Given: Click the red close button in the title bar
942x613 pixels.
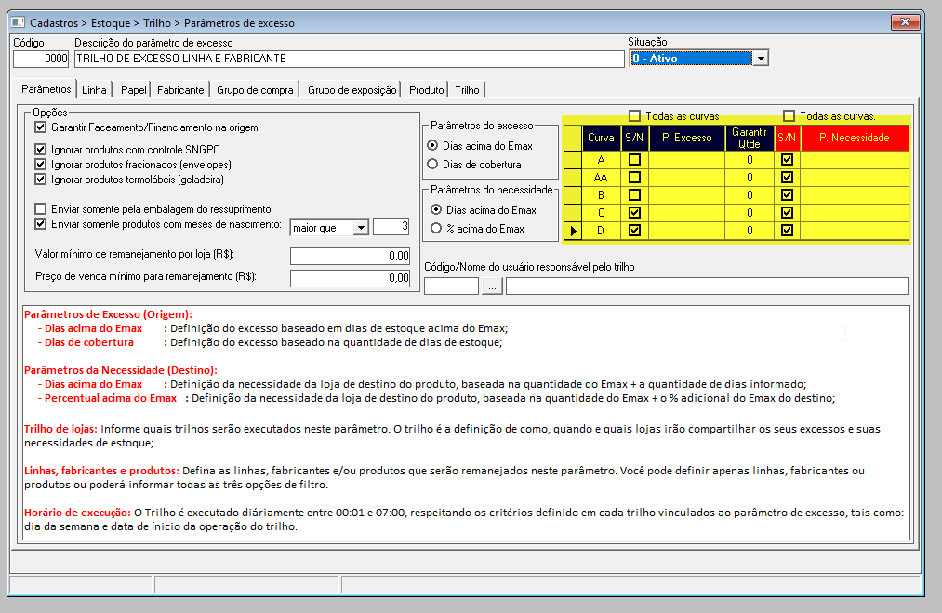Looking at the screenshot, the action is [x=905, y=22].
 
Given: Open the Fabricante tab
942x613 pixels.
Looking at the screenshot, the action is [x=180, y=90].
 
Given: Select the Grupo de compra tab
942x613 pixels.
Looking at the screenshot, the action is [x=255, y=90].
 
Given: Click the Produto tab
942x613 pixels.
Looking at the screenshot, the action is [x=426, y=90].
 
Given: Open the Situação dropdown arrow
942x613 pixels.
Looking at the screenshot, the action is [x=761, y=59].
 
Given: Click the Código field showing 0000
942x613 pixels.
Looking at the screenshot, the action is [x=42, y=59].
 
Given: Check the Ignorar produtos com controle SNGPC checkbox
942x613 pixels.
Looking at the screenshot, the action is [x=41, y=149].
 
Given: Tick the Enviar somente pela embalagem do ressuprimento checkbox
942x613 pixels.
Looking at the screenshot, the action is [x=41, y=209].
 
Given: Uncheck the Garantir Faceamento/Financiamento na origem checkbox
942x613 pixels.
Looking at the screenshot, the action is [x=41, y=127].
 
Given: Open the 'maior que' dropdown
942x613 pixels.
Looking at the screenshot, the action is [x=361, y=228].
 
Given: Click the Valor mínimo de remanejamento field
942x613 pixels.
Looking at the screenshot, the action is [x=350, y=256].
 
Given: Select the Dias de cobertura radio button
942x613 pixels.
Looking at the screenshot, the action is [x=432, y=164].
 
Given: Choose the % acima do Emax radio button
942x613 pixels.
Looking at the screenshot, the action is [x=436, y=229].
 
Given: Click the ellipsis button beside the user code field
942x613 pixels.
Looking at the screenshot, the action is [x=492, y=287].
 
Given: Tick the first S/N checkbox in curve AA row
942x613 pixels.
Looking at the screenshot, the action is [x=634, y=178].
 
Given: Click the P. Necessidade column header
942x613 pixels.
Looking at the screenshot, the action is [x=855, y=138].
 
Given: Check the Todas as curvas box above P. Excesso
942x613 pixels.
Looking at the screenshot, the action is [x=634, y=116].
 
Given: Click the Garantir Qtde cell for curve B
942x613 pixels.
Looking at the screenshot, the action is [x=750, y=194].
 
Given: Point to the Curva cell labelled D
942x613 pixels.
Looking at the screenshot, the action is [x=601, y=230].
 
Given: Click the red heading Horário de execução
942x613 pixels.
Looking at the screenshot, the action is [x=77, y=513].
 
